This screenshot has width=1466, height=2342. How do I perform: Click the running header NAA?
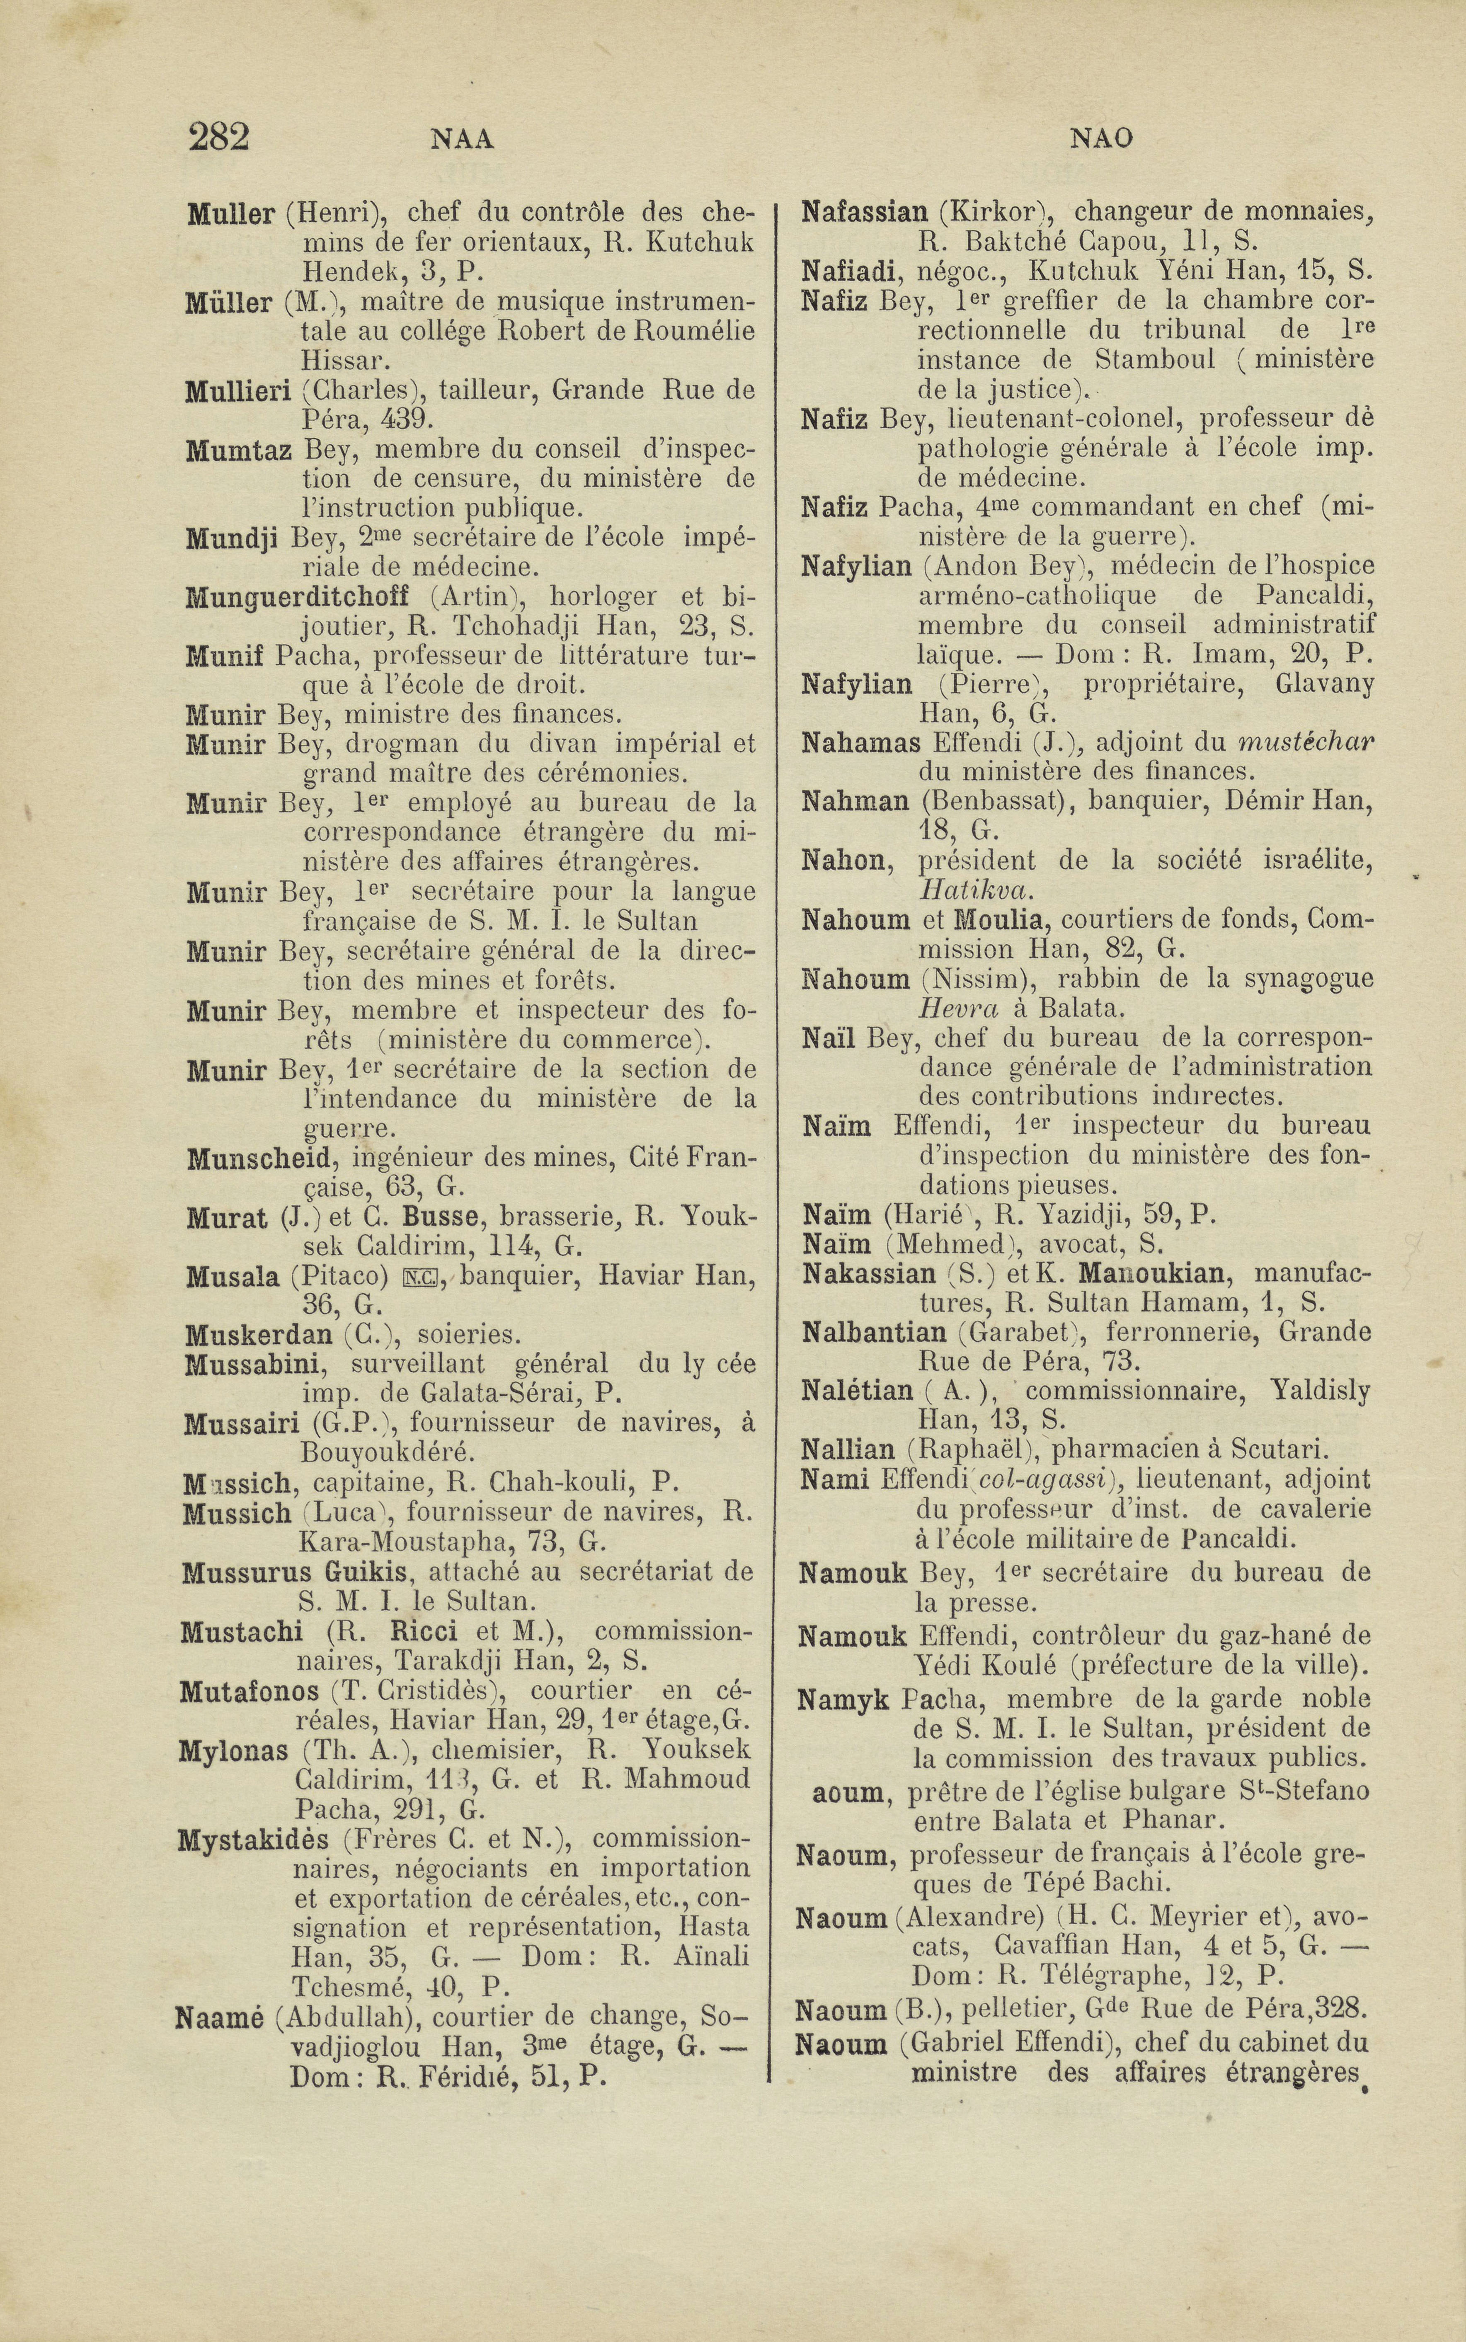[x=462, y=141]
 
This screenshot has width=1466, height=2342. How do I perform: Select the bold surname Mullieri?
[x=238, y=392]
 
